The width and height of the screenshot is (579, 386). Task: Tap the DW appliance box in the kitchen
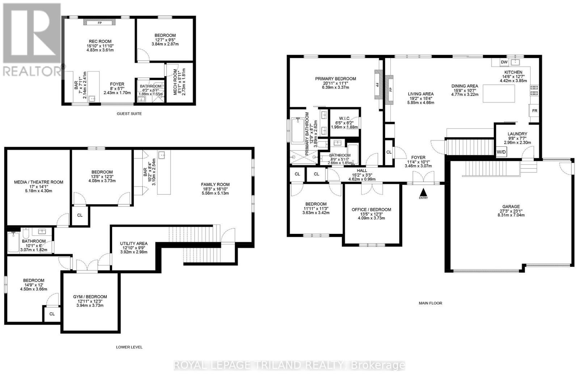[504, 62]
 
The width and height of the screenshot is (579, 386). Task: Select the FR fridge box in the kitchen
[534, 110]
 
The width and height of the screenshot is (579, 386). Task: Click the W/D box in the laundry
[501, 152]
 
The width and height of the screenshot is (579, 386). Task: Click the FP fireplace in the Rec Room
[100, 23]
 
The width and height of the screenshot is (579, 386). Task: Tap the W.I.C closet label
[344, 118]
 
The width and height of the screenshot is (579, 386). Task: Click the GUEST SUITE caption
[129, 114]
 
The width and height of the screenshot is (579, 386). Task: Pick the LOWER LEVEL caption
[129, 347]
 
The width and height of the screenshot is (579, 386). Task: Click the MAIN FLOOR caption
[430, 303]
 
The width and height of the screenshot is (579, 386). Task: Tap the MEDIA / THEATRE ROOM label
[38, 182]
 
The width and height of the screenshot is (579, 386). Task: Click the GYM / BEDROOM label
[90, 297]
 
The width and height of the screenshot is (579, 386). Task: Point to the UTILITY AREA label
[134, 244]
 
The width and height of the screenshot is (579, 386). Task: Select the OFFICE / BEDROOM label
[371, 210]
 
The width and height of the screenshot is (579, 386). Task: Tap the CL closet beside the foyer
[389, 152]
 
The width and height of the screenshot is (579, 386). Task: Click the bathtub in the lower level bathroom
[13, 242]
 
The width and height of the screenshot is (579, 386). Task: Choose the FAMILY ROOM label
[215, 184]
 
